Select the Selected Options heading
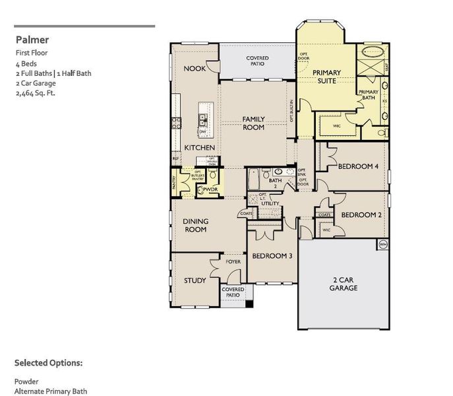tap(48, 363)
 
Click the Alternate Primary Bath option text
tap(50, 391)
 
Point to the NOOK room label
tap(194, 69)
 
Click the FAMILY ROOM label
tap(253, 123)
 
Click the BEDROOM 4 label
tap(357, 167)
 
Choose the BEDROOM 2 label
tap(361, 214)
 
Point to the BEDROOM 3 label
tap(272, 255)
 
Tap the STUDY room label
tap(195, 280)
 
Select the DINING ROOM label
tap(195, 225)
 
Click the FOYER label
tap(233, 262)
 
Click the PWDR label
tap(210, 189)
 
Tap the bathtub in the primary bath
tap(373, 53)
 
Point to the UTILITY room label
tap(270, 204)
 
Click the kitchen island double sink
tap(202, 119)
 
